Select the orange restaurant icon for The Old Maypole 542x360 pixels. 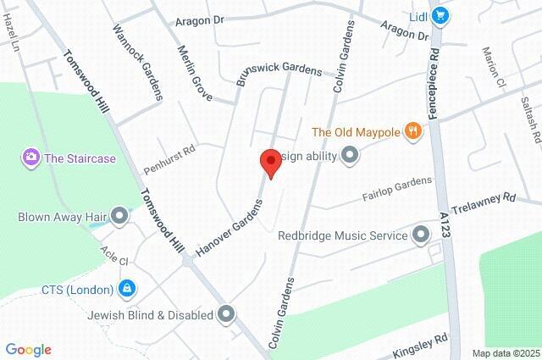tap(412, 131)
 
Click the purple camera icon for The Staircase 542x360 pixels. tap(31, 157)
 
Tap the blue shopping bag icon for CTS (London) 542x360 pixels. tap(126, 289)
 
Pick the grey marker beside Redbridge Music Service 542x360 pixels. tap(421, 235)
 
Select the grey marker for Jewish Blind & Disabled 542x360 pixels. tap(225, 315)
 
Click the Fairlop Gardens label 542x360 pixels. tap(397, 190)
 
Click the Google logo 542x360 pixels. tap(28, 350)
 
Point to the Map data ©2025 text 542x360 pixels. tap(505, 353)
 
